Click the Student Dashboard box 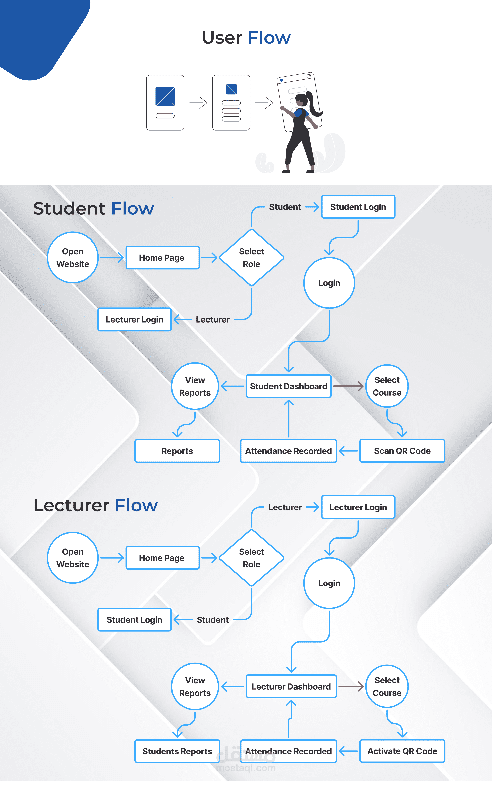pos(288,386)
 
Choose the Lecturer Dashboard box pos(291,686)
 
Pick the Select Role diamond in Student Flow pos(252,257)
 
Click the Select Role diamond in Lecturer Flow pos(252,558)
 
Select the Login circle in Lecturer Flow pos(329,583)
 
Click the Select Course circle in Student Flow pos(387,386)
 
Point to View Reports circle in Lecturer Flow pos(195,686)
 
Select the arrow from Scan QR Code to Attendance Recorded pos(348,451)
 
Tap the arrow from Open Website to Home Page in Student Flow pos(112,257)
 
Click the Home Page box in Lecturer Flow pos(162,558)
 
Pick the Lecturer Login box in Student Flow pos(134,319)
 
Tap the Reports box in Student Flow pos(177,451)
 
